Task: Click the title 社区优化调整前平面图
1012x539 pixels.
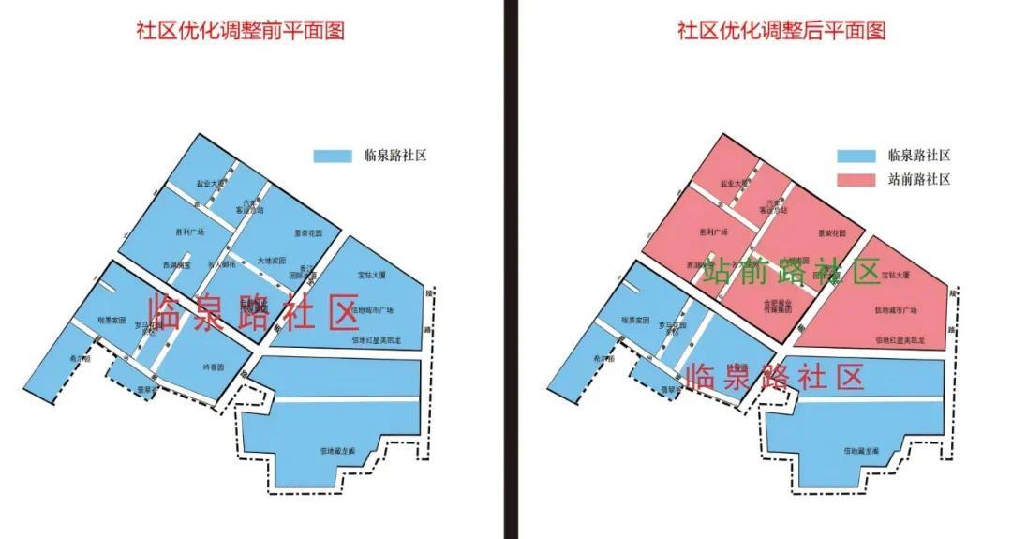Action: click(241, 30)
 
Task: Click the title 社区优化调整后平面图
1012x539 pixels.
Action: click(781, 30)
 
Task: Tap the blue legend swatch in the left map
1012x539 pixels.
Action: click(332, 156)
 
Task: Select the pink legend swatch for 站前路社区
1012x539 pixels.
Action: click(856, 178)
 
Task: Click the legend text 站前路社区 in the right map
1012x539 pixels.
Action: click(918, 178)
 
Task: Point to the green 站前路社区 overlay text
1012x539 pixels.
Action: click(792, 271)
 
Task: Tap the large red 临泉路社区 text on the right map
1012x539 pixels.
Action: click(774, 377)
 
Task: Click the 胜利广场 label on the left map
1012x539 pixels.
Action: click(190, 232)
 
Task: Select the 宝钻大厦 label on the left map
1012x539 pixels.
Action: click(372, 276)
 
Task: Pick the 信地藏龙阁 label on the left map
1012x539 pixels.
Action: click(335, 451)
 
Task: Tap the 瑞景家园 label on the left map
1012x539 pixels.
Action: click(112, 321)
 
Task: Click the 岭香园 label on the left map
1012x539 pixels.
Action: click(213, 367)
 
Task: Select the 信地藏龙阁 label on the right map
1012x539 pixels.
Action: click(860, 451)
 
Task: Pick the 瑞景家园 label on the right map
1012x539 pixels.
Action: click(636, 321)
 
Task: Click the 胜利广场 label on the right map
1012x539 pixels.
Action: click(714, 232)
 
